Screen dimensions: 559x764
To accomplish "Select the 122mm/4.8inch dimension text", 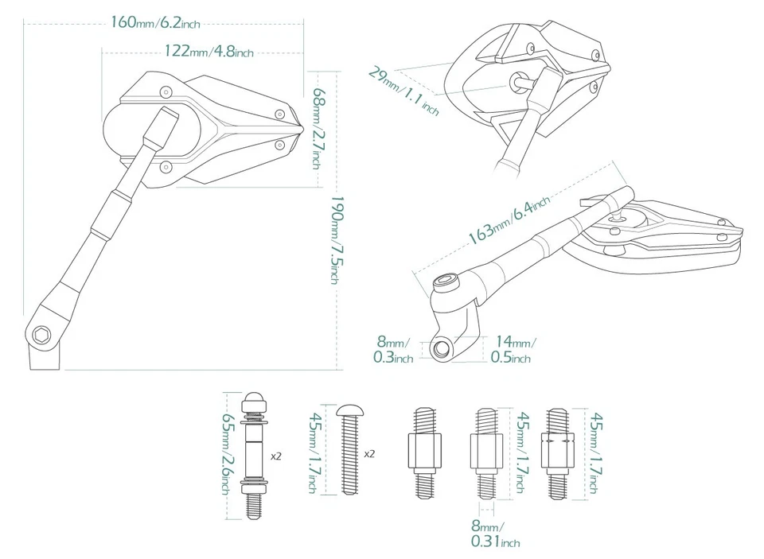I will [209, 52].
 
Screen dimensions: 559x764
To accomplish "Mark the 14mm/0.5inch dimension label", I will [512, 350].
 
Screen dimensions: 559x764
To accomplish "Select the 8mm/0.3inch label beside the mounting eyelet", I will [393, 350].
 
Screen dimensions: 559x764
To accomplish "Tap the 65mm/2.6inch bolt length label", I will [228, 456].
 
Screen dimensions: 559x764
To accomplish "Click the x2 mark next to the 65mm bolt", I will [276, 457].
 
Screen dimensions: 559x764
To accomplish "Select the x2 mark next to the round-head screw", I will [369, 454].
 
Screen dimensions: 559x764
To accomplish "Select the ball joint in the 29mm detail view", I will [521, 80].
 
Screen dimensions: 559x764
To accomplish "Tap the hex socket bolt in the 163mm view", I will [447, 283].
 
